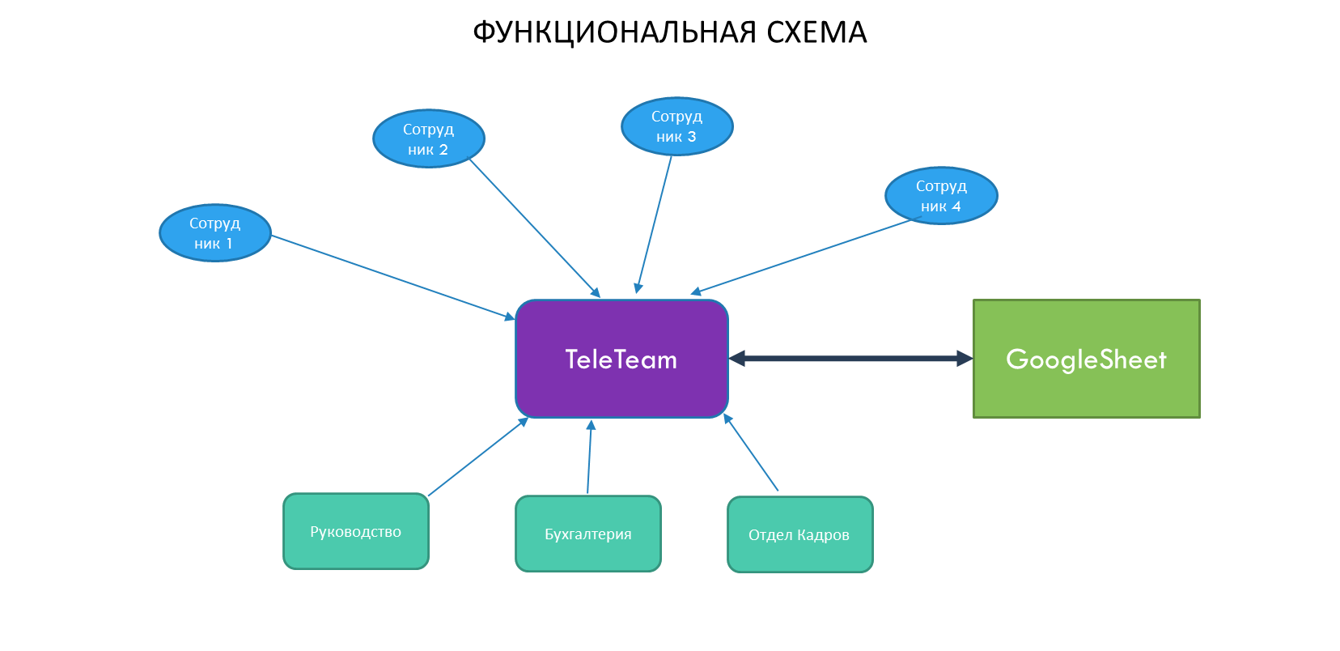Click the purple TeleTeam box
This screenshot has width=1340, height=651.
[621, 359]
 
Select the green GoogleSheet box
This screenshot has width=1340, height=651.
[1086, 359]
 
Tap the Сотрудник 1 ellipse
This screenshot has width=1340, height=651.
[214, 232]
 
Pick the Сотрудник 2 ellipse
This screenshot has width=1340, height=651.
[428, 138]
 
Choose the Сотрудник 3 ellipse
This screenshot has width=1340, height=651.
[676, 126]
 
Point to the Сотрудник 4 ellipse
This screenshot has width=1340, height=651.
[941, 195]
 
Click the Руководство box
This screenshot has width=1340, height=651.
[355, 531]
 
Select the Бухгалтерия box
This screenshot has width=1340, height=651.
[588, 534]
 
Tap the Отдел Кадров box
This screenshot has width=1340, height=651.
[799, 534]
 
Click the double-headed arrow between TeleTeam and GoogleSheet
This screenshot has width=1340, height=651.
[850, 358]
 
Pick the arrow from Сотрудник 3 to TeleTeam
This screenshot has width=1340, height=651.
[655, 224]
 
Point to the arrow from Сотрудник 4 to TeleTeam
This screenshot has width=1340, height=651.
[801, 256]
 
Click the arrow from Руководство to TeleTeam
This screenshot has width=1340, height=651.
[477, 457]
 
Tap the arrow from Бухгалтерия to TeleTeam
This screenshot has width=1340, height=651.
[589, 457]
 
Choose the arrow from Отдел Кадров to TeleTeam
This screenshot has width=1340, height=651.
[751, 453]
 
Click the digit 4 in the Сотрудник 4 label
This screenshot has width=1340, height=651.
[956, 206]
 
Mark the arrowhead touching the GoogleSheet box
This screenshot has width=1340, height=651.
[965, 358]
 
